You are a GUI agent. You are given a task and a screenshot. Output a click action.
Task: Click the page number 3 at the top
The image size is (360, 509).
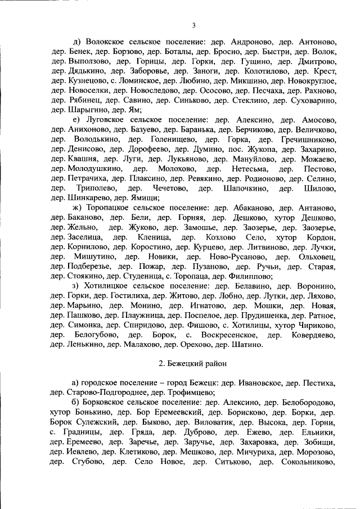[193, 25]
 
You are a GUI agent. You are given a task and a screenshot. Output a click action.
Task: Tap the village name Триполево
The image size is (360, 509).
[97, 188]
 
